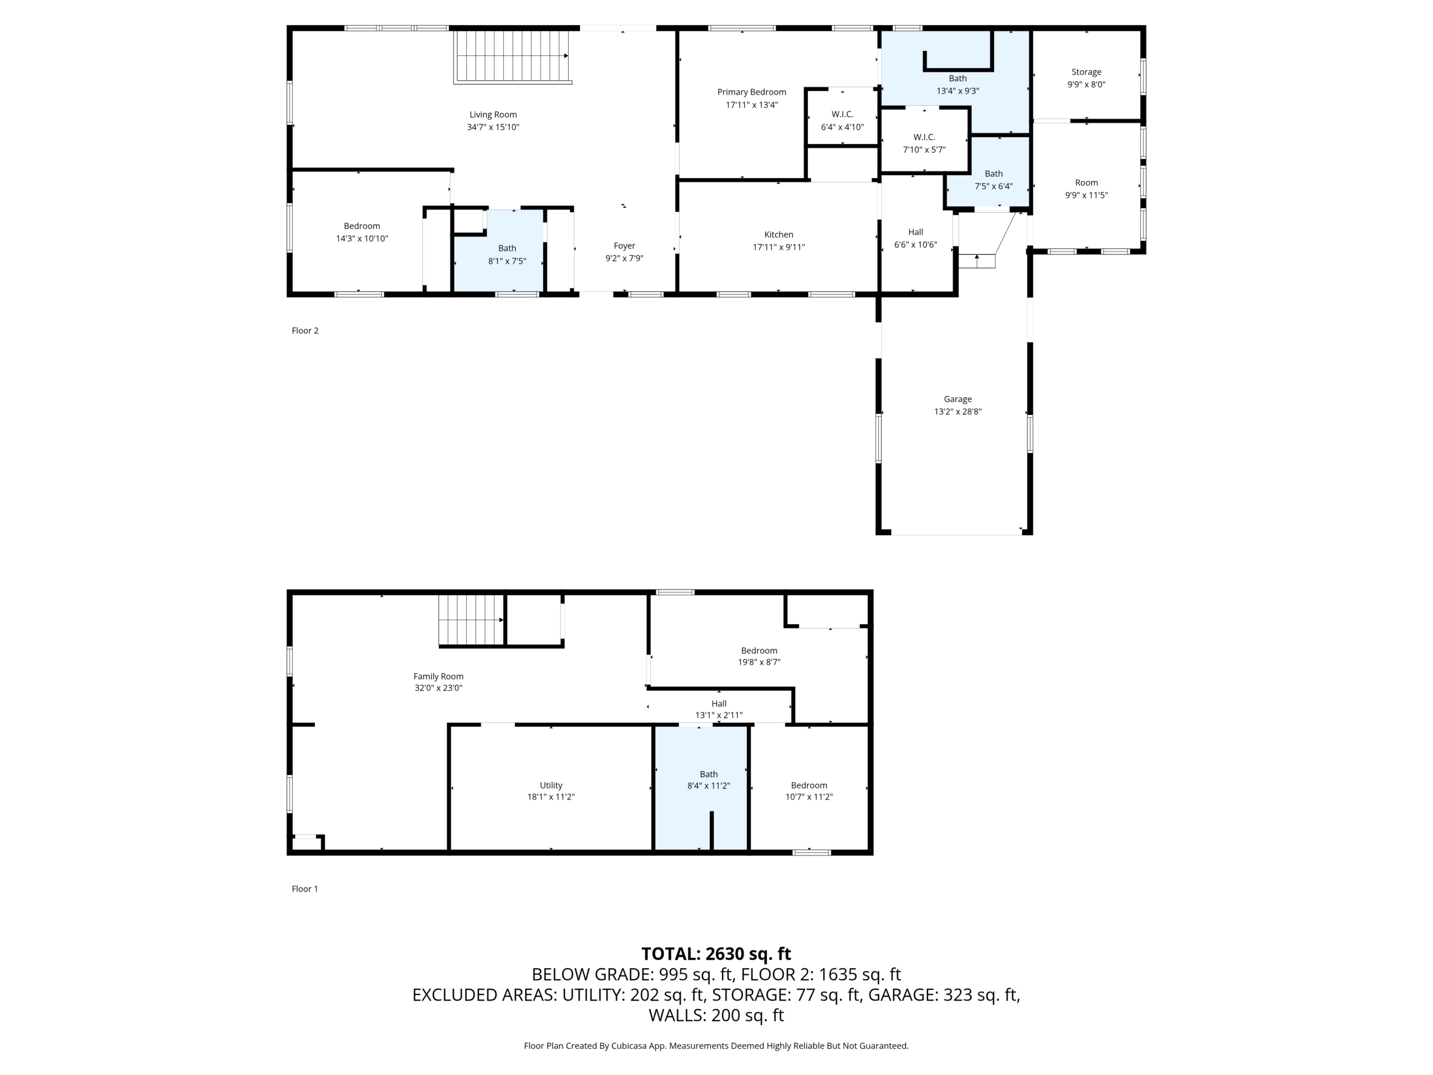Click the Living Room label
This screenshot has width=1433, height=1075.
point(493,115)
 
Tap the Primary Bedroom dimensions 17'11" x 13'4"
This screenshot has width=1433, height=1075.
point(751,104)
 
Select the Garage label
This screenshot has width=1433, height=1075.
point(958,399)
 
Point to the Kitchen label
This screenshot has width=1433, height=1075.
point(779,235)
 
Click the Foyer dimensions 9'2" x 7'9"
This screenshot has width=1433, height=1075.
point(625,258)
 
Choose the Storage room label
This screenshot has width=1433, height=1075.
point(1087,72)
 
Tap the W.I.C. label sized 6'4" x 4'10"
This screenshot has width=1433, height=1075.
point(842,114)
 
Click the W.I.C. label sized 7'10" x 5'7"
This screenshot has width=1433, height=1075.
point(924,137)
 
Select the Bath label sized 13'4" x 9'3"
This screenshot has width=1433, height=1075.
point(958,78)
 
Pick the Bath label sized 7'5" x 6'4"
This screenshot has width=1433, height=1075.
point(994,174)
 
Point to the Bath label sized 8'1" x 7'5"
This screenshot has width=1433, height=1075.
point(507,248)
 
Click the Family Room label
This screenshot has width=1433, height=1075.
point(439,676)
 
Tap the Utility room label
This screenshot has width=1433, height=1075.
point(551,786)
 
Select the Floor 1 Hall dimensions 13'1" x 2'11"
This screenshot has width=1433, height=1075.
point(719,716)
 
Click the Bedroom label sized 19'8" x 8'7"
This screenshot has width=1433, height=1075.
point(759,651)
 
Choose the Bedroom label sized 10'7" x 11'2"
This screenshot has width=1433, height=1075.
point(809,786)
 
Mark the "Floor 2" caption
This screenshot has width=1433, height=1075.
point(305,330)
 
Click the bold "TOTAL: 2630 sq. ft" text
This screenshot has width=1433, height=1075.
point(716,954)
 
